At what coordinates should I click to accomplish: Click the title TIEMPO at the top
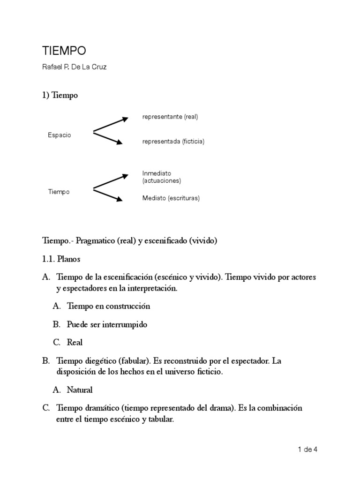coord(64,51)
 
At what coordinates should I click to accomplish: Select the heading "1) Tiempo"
coord(60,95)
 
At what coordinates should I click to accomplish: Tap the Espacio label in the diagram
coord(60,135)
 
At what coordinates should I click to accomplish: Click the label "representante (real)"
coord(170,117)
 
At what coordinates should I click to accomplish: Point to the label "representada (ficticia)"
coord(173,141)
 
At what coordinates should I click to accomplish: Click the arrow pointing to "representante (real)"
coord(111,125)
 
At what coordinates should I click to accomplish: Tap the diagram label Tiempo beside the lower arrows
coord(59,192)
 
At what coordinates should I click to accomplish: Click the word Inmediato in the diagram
coord(157,173)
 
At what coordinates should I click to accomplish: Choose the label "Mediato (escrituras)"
coord(171,198)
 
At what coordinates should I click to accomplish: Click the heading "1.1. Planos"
coord(62,259)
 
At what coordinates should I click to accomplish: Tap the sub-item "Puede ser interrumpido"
coord(107,324)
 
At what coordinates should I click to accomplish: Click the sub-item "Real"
coord(75,343)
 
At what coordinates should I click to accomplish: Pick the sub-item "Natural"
coord(80,390)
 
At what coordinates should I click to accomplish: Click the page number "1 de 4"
coord(307,450)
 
